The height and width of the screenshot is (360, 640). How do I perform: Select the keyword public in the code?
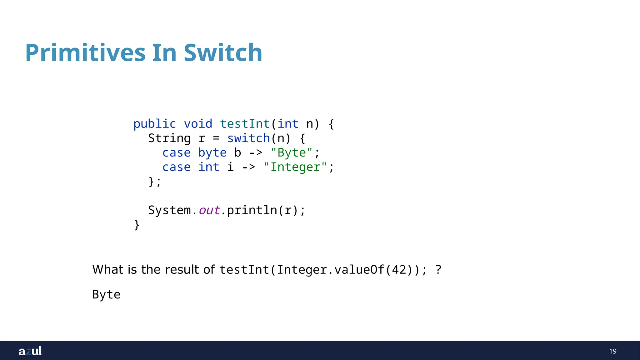155,124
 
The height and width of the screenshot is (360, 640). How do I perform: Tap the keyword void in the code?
198,124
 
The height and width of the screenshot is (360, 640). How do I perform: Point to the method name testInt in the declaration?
245,124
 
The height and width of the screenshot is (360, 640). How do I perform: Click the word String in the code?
169,138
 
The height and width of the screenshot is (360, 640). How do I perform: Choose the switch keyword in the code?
248,138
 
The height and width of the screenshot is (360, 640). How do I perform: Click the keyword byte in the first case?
212,153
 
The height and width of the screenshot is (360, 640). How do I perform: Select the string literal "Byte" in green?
292,153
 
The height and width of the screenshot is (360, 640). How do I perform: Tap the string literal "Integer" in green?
295,167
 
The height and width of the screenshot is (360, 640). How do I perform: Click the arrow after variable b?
256,153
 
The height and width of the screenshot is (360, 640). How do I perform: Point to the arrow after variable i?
248,167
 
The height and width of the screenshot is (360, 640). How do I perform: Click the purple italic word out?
209,210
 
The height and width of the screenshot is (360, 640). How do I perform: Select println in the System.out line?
252,210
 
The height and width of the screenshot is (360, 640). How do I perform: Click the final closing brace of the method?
137,225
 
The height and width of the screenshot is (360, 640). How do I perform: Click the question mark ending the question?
438,269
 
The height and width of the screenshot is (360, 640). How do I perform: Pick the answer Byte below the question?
106,295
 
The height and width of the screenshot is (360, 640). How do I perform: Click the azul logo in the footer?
30,351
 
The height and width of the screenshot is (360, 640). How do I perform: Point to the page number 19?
613,351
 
